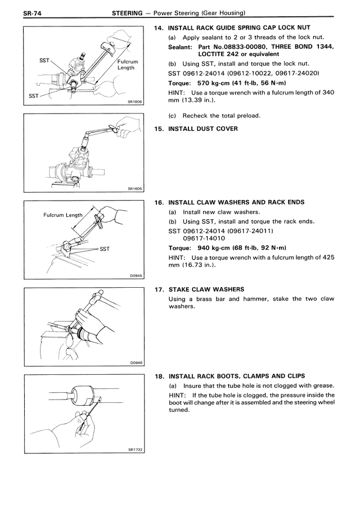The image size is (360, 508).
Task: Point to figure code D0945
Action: pyautogui.click(x=136, y=275)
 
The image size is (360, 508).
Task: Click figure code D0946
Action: pyautogui.click(x=136, y=363)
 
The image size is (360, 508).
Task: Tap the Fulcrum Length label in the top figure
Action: pyautogui.click(x=127, y=63)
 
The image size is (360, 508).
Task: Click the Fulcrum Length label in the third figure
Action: pyautogui.click(x=63, y=215)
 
